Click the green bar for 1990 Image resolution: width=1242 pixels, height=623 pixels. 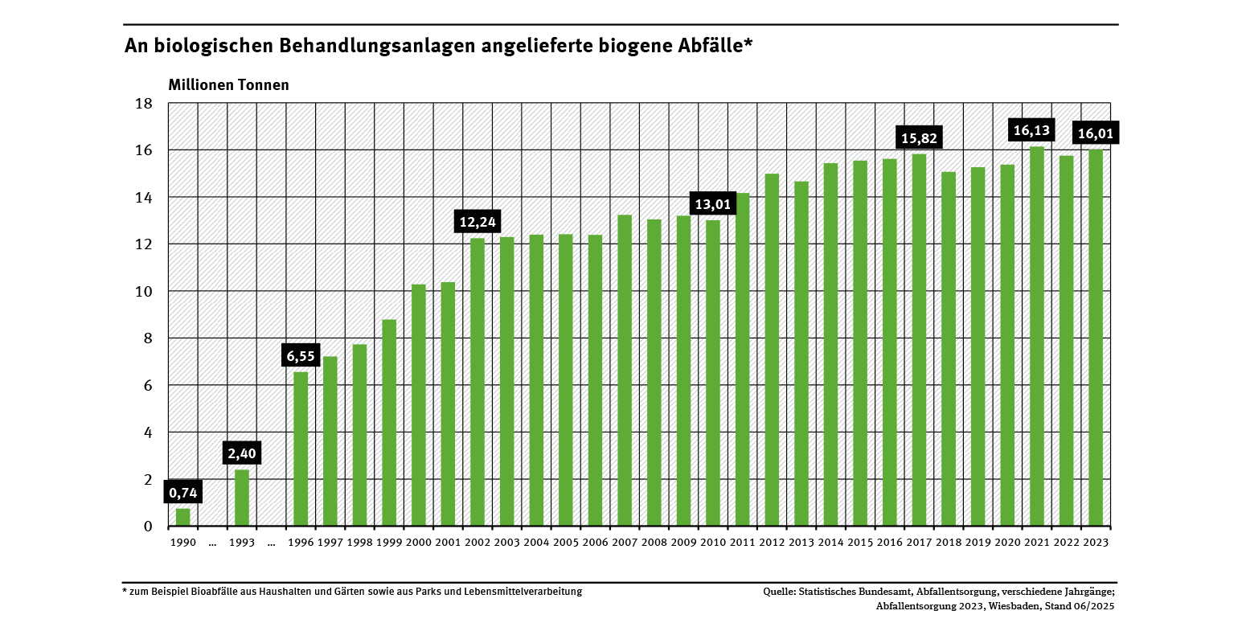coord(183,517)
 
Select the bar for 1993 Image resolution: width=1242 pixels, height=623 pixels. coord(242,498)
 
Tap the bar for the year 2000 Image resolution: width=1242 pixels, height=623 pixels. coord(419,405)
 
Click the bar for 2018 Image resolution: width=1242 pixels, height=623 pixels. coord(949,349)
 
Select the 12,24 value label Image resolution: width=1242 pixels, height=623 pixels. coord(478,223)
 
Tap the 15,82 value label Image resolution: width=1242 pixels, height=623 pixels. coord(920,138)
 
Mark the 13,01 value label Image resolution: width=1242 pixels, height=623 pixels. coord(713,204)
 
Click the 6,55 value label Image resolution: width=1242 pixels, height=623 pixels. coord(301,355)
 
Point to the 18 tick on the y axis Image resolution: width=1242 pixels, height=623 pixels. coord(144,104)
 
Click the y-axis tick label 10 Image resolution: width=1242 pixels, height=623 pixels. coord(144,291)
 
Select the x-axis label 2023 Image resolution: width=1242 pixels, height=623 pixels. coord(1095,543)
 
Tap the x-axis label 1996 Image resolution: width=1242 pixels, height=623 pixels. coord(301,543)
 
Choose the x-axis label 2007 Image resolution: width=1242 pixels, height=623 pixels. coord(625,543)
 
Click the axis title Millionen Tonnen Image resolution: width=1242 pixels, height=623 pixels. coord(228,84)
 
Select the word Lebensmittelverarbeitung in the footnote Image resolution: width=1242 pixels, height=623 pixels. coord(525,592)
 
